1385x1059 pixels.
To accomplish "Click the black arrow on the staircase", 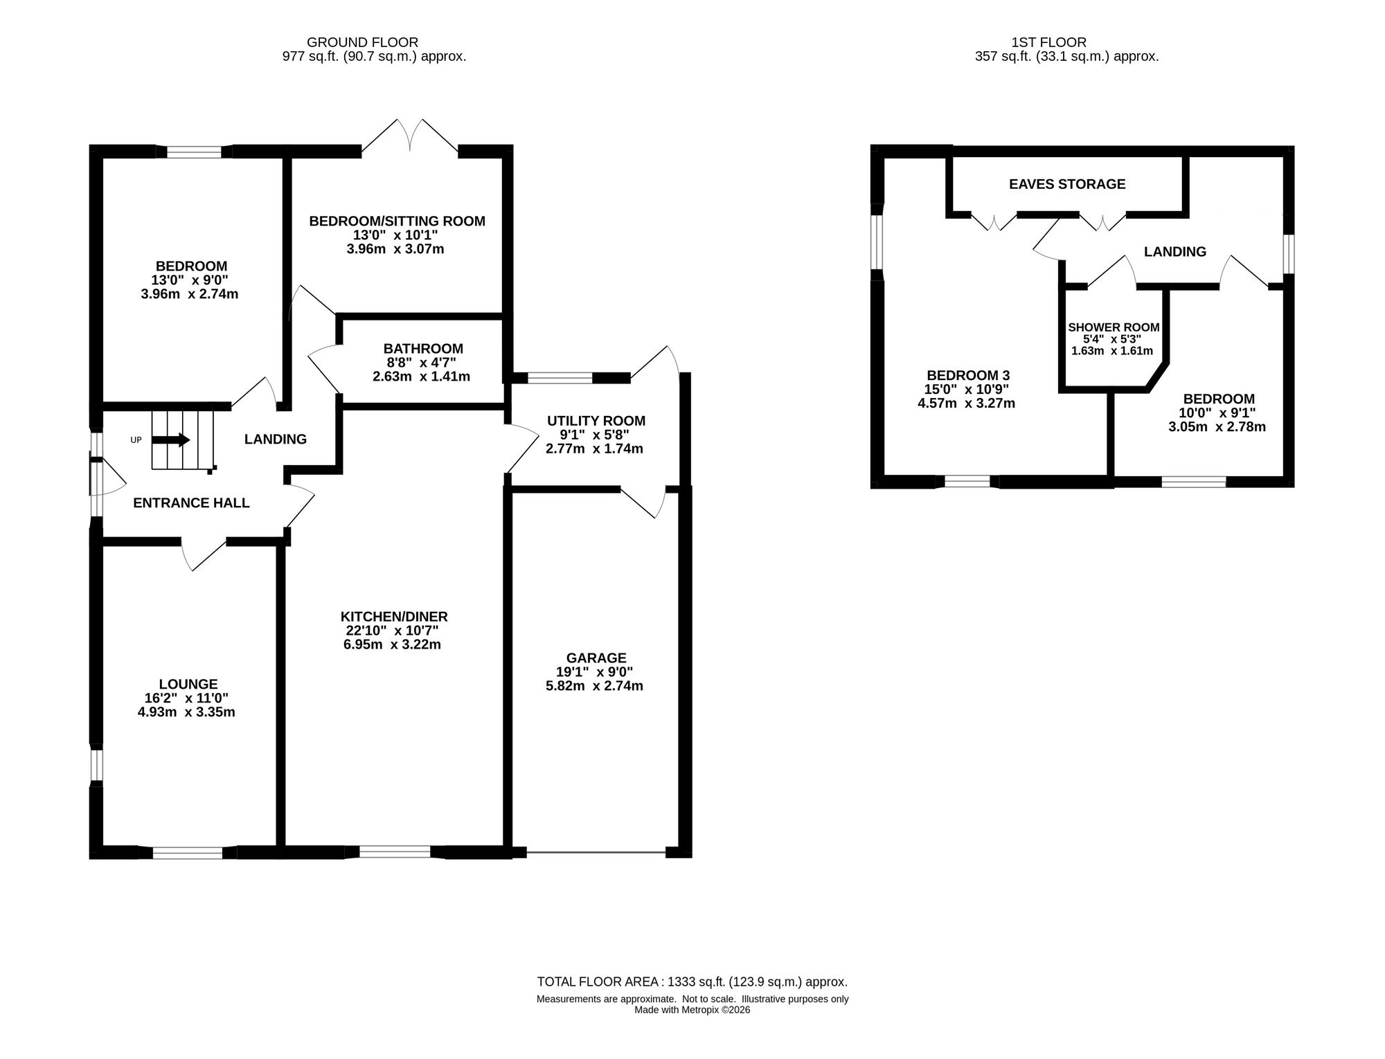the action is click(170, 440).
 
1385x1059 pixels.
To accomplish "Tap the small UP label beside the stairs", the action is click(136, 440).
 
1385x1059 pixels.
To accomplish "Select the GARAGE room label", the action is click(596, 658).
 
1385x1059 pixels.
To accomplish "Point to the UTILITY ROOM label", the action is click(596, 421).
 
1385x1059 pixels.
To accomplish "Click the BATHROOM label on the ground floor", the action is click(423, 349).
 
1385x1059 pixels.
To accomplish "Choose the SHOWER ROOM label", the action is click(1114, 327).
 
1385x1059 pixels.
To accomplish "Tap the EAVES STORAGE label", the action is click(1067, 184).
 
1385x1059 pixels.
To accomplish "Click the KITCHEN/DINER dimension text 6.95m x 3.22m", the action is click(392, 645).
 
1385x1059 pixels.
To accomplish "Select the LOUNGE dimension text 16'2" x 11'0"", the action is click(187, 698).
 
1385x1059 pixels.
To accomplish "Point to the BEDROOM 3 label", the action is click(967, 375).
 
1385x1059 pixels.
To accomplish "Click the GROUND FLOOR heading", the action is click(363, 42).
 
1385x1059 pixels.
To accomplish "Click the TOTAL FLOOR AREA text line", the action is click(692, 981).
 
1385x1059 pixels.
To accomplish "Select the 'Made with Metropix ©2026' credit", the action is click(692, 1010).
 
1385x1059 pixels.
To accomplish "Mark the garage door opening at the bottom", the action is click(596, 852).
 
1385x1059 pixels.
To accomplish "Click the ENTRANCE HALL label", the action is click(191, 503).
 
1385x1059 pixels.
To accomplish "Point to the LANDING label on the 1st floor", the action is click(1175, 252).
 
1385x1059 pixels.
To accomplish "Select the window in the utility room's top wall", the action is click(560, 377).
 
